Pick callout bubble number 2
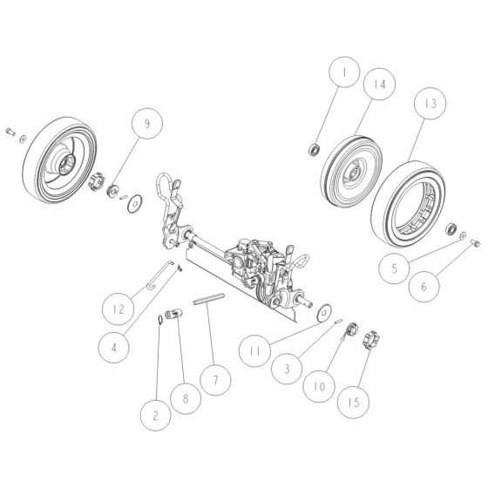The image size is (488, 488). (x=154, y=415)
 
